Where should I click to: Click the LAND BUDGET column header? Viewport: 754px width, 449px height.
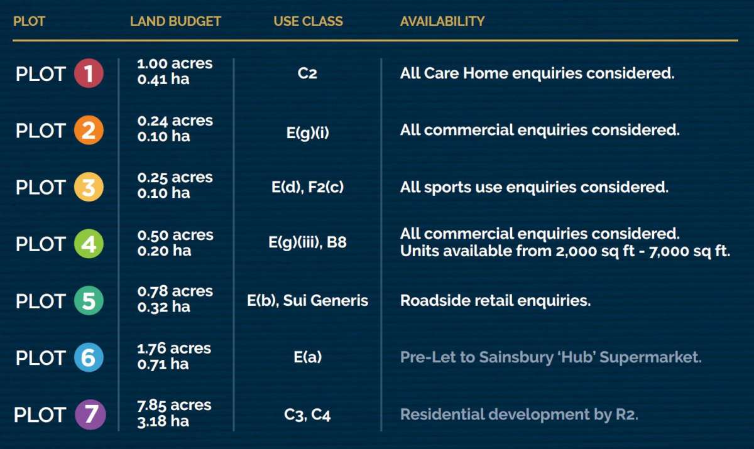pos(175,21)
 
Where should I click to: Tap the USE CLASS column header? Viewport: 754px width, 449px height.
pos(308,21)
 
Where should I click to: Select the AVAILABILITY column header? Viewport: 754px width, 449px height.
pos(442,21)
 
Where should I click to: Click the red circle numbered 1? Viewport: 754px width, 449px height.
pos(89,73)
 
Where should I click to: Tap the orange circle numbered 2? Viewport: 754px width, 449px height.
pos(89,130)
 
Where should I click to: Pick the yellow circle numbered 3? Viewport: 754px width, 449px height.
pos(89,187)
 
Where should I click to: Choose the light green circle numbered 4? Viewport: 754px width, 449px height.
pos(89,244)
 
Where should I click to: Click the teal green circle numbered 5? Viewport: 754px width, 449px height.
pos(89,301)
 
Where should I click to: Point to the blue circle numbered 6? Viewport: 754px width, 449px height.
pos(89,357)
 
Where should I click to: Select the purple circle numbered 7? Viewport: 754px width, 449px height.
pos(90,414)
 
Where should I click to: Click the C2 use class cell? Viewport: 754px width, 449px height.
pos(307,73)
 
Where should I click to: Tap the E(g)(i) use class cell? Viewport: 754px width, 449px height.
pos(308,133)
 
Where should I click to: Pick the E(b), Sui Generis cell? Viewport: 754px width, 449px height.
pos(307,300)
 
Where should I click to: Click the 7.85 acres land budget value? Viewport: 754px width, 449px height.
pos(174,405)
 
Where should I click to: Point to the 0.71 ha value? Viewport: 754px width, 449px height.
pos(163,364)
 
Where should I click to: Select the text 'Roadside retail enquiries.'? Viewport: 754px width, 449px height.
pos(496,300)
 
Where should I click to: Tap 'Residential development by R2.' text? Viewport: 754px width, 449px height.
pos(519,414)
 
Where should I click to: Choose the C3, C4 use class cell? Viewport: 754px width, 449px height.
pos(307,415)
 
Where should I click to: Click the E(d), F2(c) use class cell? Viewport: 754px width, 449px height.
pos(308,187)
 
